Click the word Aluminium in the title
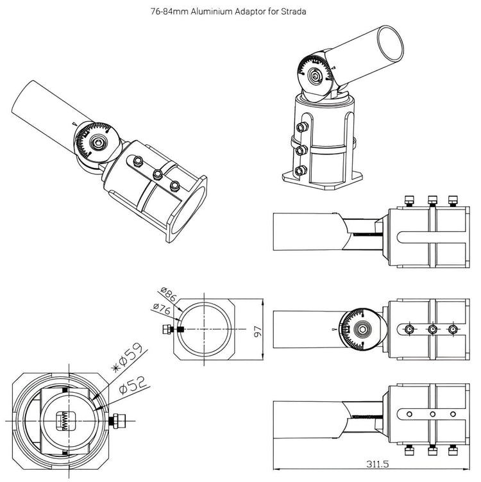(x=223, y=11)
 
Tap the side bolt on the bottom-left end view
(x=118, y=420)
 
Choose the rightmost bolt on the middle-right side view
(x=453, y=329)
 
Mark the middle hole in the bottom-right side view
(x=433, y=414)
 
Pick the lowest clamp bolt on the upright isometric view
(x=300, y=170)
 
